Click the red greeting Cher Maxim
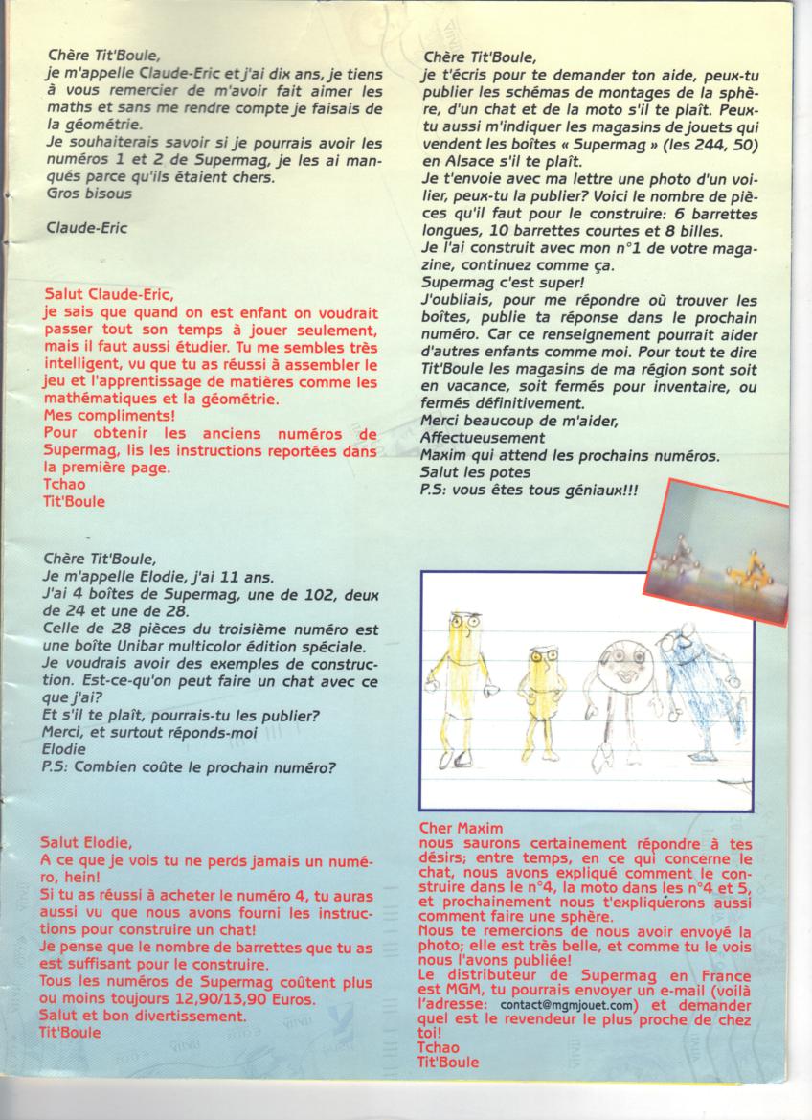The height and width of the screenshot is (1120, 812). click(x=462, y=827)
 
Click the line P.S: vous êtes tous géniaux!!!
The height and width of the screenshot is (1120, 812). click(x=530, y=491)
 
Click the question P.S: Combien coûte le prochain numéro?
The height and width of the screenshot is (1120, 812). click(x=189, y=765)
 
